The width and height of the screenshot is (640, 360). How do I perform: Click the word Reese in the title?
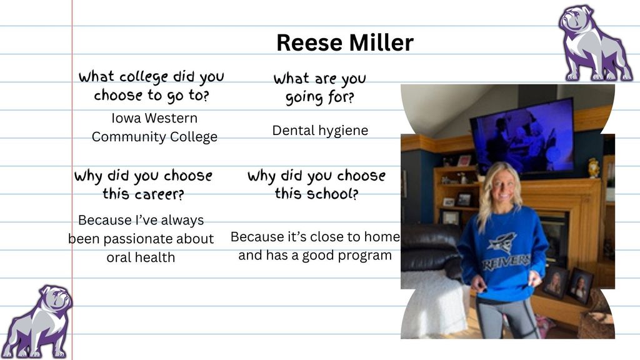point(309,42)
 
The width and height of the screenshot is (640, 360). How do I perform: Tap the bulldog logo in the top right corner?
point(595,43)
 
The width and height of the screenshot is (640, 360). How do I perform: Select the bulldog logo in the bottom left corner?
point(37,322)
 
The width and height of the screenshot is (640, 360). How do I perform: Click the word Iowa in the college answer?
point(126,118)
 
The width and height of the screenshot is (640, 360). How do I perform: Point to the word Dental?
point(294,130)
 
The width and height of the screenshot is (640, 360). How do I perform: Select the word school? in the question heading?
point(332,194)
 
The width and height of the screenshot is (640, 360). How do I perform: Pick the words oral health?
point(141,257)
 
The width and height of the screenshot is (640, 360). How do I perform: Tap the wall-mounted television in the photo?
point(522,136)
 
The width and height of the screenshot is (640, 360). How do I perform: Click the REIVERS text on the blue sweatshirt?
point(506,262)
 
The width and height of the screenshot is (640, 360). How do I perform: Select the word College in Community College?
point(194,137)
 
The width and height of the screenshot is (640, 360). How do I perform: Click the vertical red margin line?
point(72,180)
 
